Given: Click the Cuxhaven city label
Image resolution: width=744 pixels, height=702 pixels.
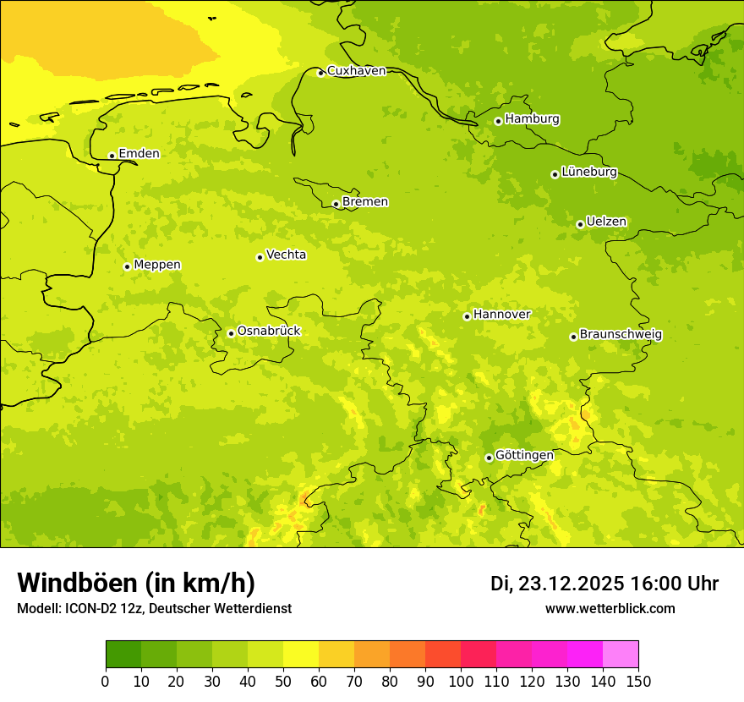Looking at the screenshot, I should coord(356,71).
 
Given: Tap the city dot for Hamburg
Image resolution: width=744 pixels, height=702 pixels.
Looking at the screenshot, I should coord(498,121).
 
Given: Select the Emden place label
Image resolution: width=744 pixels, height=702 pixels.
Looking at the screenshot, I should coord(139,154).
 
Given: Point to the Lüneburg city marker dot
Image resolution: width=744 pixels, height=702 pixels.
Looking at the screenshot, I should coord(555,174).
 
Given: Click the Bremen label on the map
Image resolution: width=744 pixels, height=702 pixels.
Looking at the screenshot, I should coord(365,202).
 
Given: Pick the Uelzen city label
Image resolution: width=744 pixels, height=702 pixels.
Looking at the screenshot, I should coord(606,222).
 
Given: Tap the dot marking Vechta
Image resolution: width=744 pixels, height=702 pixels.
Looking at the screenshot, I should coord(260,257).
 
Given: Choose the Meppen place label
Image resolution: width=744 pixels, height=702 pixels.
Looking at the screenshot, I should coord(157,265).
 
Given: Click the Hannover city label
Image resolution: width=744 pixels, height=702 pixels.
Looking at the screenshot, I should coord(501,315).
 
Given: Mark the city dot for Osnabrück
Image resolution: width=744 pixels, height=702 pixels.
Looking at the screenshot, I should coord(231,333).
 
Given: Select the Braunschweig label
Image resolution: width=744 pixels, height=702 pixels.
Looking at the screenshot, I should coord(621,335).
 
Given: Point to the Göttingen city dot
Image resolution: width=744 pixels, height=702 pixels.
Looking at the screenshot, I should coord(489,458).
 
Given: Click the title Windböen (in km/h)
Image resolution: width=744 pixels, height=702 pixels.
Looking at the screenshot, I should coord(136,583).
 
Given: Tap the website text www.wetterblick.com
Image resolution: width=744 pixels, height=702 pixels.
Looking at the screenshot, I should coord(610,608).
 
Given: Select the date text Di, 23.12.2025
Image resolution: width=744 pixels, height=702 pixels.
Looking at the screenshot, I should coord(557,584).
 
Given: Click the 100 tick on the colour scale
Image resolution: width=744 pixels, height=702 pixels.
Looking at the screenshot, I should coord(461,681).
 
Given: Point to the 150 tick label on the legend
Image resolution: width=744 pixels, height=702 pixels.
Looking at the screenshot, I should coord(638,681).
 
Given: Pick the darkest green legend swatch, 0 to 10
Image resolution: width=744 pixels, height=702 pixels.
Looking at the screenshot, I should coord(123,655).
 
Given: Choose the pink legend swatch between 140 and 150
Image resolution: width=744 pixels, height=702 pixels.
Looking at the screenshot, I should coord(621,655).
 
